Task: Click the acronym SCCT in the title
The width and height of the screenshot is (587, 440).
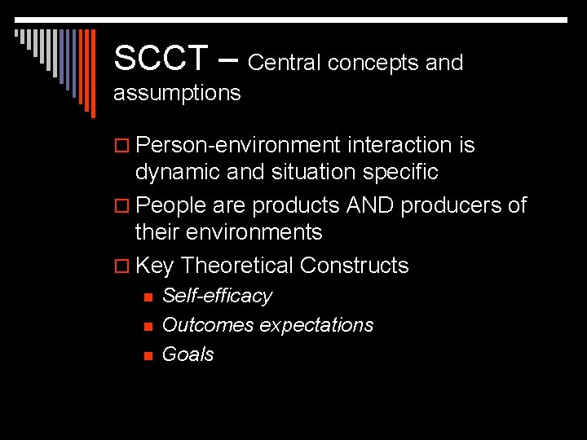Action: [x=161, y=58]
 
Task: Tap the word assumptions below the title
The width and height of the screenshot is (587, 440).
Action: [x=177, y=93]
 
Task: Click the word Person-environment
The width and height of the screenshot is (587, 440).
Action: [x=238, y=145]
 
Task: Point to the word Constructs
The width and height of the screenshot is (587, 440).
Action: [x=354, y=266]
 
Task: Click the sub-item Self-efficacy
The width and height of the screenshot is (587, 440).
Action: [x=217, y=296]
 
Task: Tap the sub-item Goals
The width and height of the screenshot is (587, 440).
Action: [x=188, y=354]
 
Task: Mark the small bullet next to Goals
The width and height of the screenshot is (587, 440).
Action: [x=147, y=355]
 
